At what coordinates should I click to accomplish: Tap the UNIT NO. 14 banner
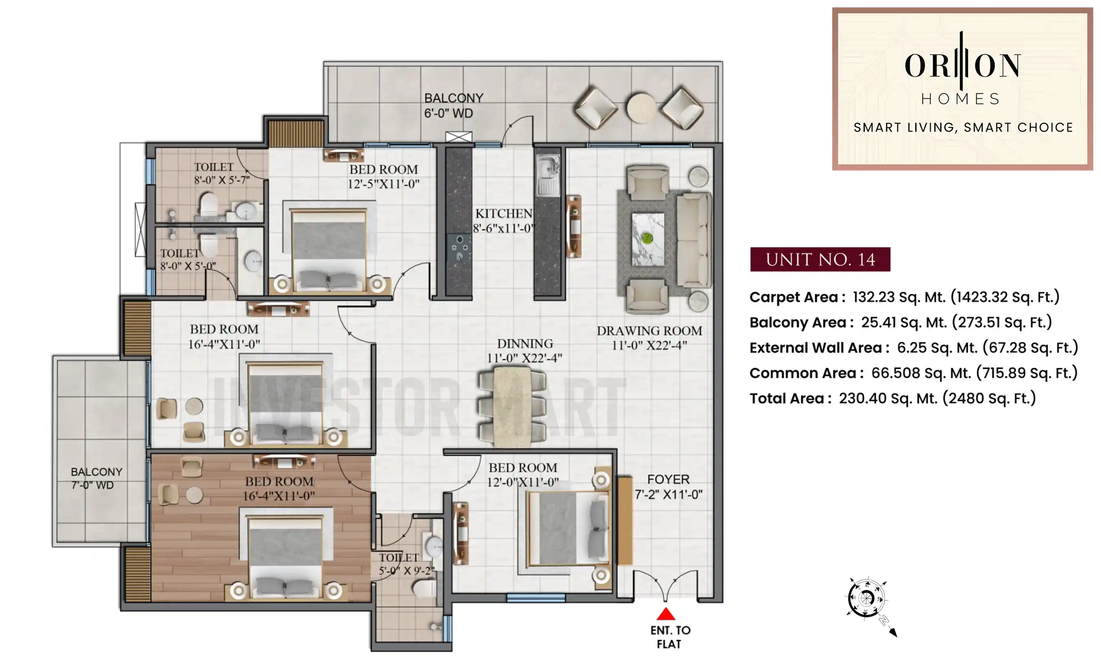click(x=820, y=259)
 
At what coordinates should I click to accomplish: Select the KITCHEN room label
click(x=503, y=213)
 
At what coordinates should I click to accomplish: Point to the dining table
click(x=512, y=406)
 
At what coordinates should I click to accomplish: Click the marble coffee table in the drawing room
click(x=648, y=239)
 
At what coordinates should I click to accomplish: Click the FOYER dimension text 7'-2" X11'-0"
click(x=668, y=495)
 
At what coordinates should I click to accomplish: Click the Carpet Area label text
click(x=797, y=297)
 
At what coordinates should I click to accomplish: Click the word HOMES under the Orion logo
click(x=961, y=99)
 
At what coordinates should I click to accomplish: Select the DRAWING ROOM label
click(x=649, y=331)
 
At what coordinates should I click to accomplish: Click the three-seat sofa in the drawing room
click(x=693, y=239)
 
